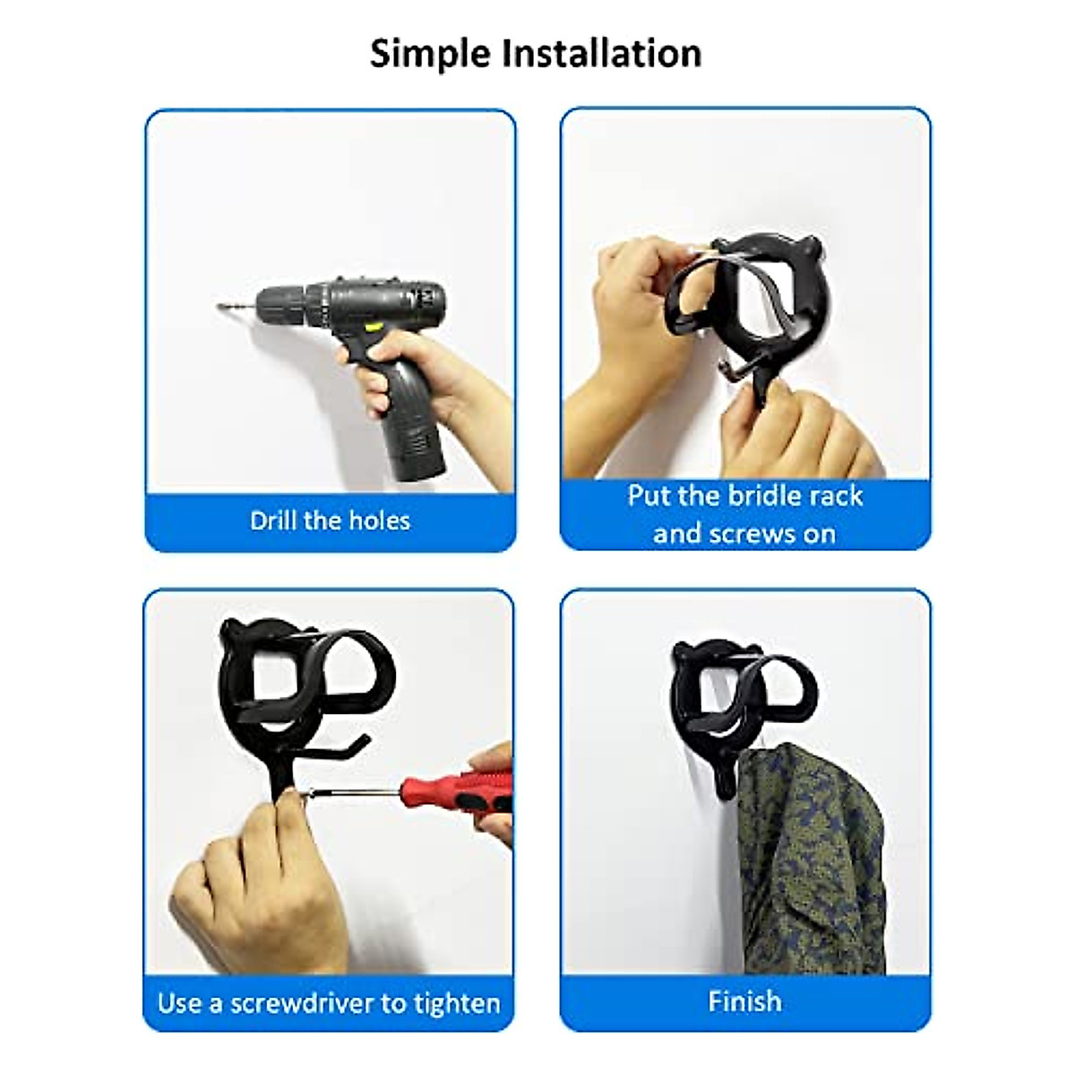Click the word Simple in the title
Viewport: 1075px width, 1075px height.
432,54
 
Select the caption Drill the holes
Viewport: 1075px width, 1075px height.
330,520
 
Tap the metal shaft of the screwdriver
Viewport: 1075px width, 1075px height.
354,791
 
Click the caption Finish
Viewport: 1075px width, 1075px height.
744,1001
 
